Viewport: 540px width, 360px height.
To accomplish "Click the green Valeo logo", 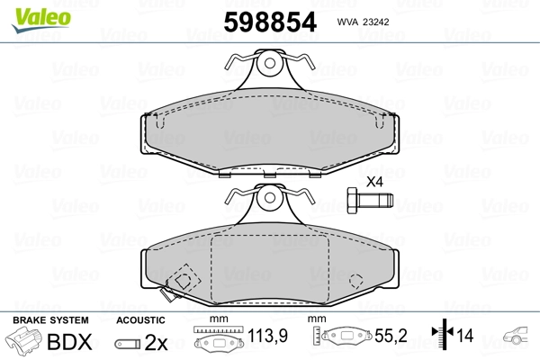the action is (x=41, y=20).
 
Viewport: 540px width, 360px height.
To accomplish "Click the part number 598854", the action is (x=270, y=22).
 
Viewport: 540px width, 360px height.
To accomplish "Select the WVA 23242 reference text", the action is (x=363, y=22).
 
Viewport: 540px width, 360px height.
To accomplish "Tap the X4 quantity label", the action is (x=374, y=182).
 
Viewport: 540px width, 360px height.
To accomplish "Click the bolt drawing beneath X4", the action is (x=370, y=201).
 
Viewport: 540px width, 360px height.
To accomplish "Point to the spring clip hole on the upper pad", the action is (x=270, y=63).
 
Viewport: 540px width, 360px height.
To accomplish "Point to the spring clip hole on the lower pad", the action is (x=270, y=198).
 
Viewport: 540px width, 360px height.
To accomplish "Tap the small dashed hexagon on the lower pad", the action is (x=356, y=281).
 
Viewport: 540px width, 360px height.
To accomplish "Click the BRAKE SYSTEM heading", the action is (x=50, y=320).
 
